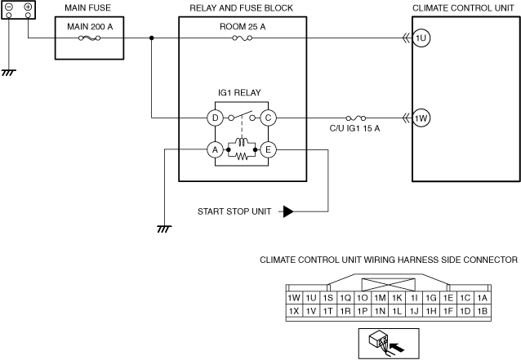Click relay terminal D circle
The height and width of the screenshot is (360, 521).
tap(216, 118)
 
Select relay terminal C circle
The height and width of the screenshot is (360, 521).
tap(268, 118)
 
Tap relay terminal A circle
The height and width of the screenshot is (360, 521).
tap(215, 149)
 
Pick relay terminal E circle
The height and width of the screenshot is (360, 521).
tap(268, 149)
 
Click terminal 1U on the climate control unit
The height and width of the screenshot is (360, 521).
tap(421, 38)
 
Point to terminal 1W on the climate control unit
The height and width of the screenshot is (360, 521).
tap(421, 118)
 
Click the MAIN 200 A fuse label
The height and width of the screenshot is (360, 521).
tap(83, 25)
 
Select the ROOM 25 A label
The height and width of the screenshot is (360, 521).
tap(243, 25)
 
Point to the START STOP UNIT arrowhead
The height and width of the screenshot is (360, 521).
tap(287, 211)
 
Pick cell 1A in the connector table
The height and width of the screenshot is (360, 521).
tap(482, 299)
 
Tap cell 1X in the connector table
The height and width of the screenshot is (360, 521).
tap(293, 311)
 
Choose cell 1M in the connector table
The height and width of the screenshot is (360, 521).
tap(380, 299)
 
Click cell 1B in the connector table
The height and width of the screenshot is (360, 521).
tap(482, 311)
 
